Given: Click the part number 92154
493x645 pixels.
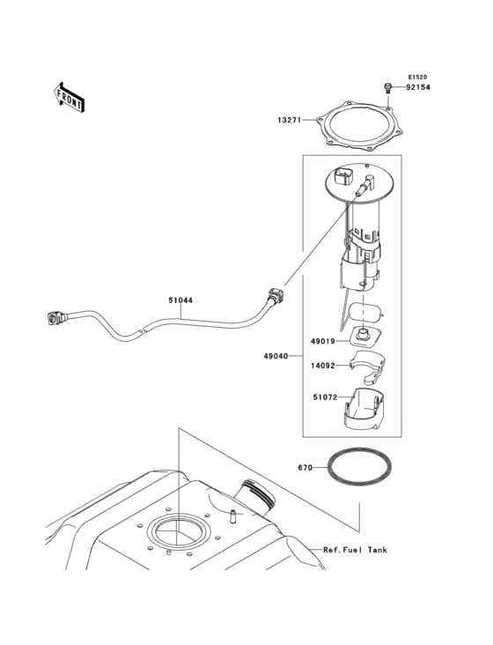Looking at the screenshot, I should pyautogui.click(x=418, y=87).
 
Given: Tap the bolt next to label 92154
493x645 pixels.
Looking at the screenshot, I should pyautogui.click(x=387, y=86).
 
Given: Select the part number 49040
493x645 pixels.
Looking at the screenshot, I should pyautogui.click(x=276, y=358).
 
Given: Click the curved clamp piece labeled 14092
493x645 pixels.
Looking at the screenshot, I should pyautogui.click(x=364, y=364).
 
